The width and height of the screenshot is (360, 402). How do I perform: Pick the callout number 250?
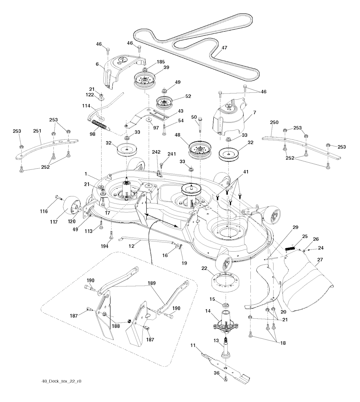(274, 122)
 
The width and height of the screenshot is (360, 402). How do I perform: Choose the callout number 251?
(37, 131)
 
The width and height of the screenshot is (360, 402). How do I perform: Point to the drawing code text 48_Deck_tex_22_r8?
(62, 381)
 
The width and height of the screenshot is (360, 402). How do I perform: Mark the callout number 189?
(152, 283)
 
